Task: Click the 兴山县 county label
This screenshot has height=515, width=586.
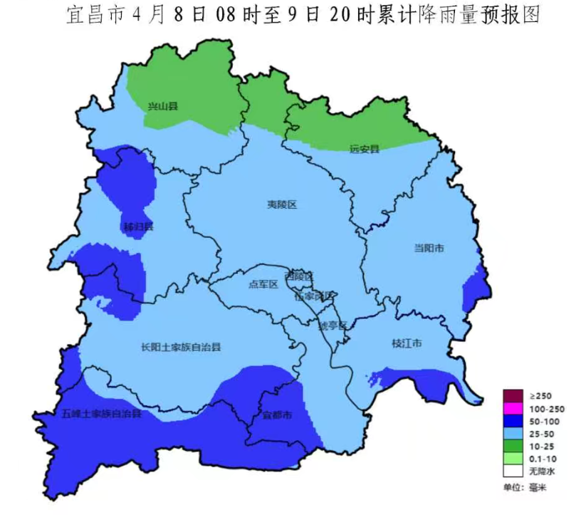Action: coord(162,106)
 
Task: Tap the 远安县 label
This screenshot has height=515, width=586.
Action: coord(364,149)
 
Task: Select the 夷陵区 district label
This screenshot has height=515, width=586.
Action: coord(281,204)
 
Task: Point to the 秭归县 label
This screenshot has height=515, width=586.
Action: coord(138,227)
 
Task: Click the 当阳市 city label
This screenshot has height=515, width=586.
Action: coord(429,249)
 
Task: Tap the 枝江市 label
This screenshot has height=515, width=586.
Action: coord(407,343)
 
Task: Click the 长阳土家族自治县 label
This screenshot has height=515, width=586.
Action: coord(181,348)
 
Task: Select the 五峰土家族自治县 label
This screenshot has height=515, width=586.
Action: coord(101,413)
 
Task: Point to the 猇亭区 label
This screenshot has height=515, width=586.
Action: coord(331,326)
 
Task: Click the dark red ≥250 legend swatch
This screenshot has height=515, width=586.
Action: coord(513,395)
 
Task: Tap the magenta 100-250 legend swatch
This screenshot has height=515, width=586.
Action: coord(513,408)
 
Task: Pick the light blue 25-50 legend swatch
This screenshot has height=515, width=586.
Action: coord(513,433)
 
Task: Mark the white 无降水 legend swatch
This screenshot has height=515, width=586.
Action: coord(513,471)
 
